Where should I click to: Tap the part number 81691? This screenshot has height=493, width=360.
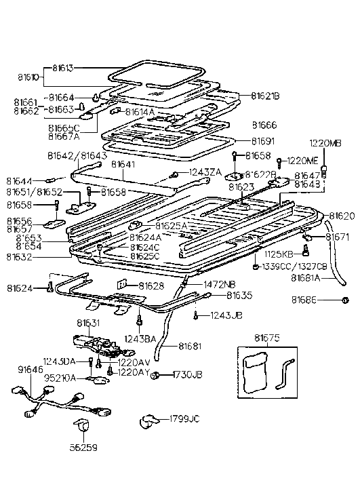click(262, 142)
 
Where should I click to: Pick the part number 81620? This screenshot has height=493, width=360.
click(340, 216)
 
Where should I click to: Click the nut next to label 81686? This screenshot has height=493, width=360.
click(344, 300)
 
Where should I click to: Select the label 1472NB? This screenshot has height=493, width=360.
click(219, 285)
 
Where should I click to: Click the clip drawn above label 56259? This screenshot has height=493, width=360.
click(85, 426)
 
